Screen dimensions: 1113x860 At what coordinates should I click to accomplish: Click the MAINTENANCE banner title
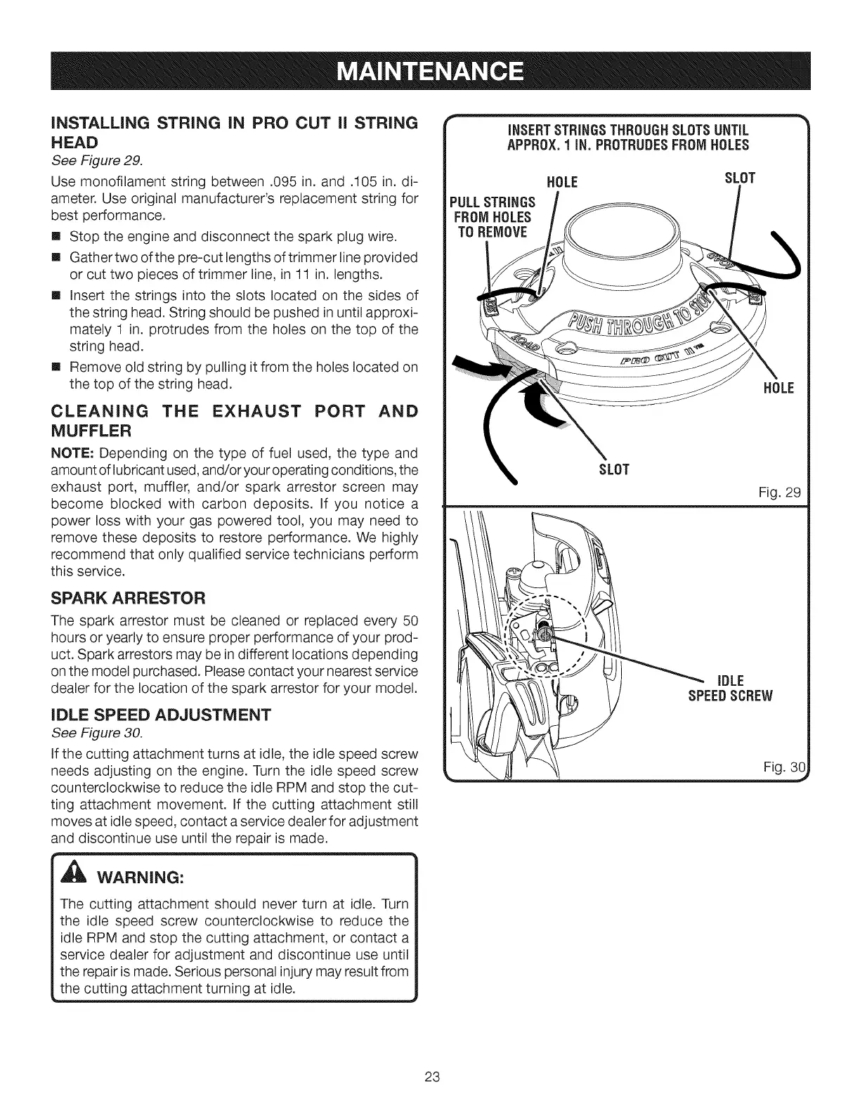(430, 72)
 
